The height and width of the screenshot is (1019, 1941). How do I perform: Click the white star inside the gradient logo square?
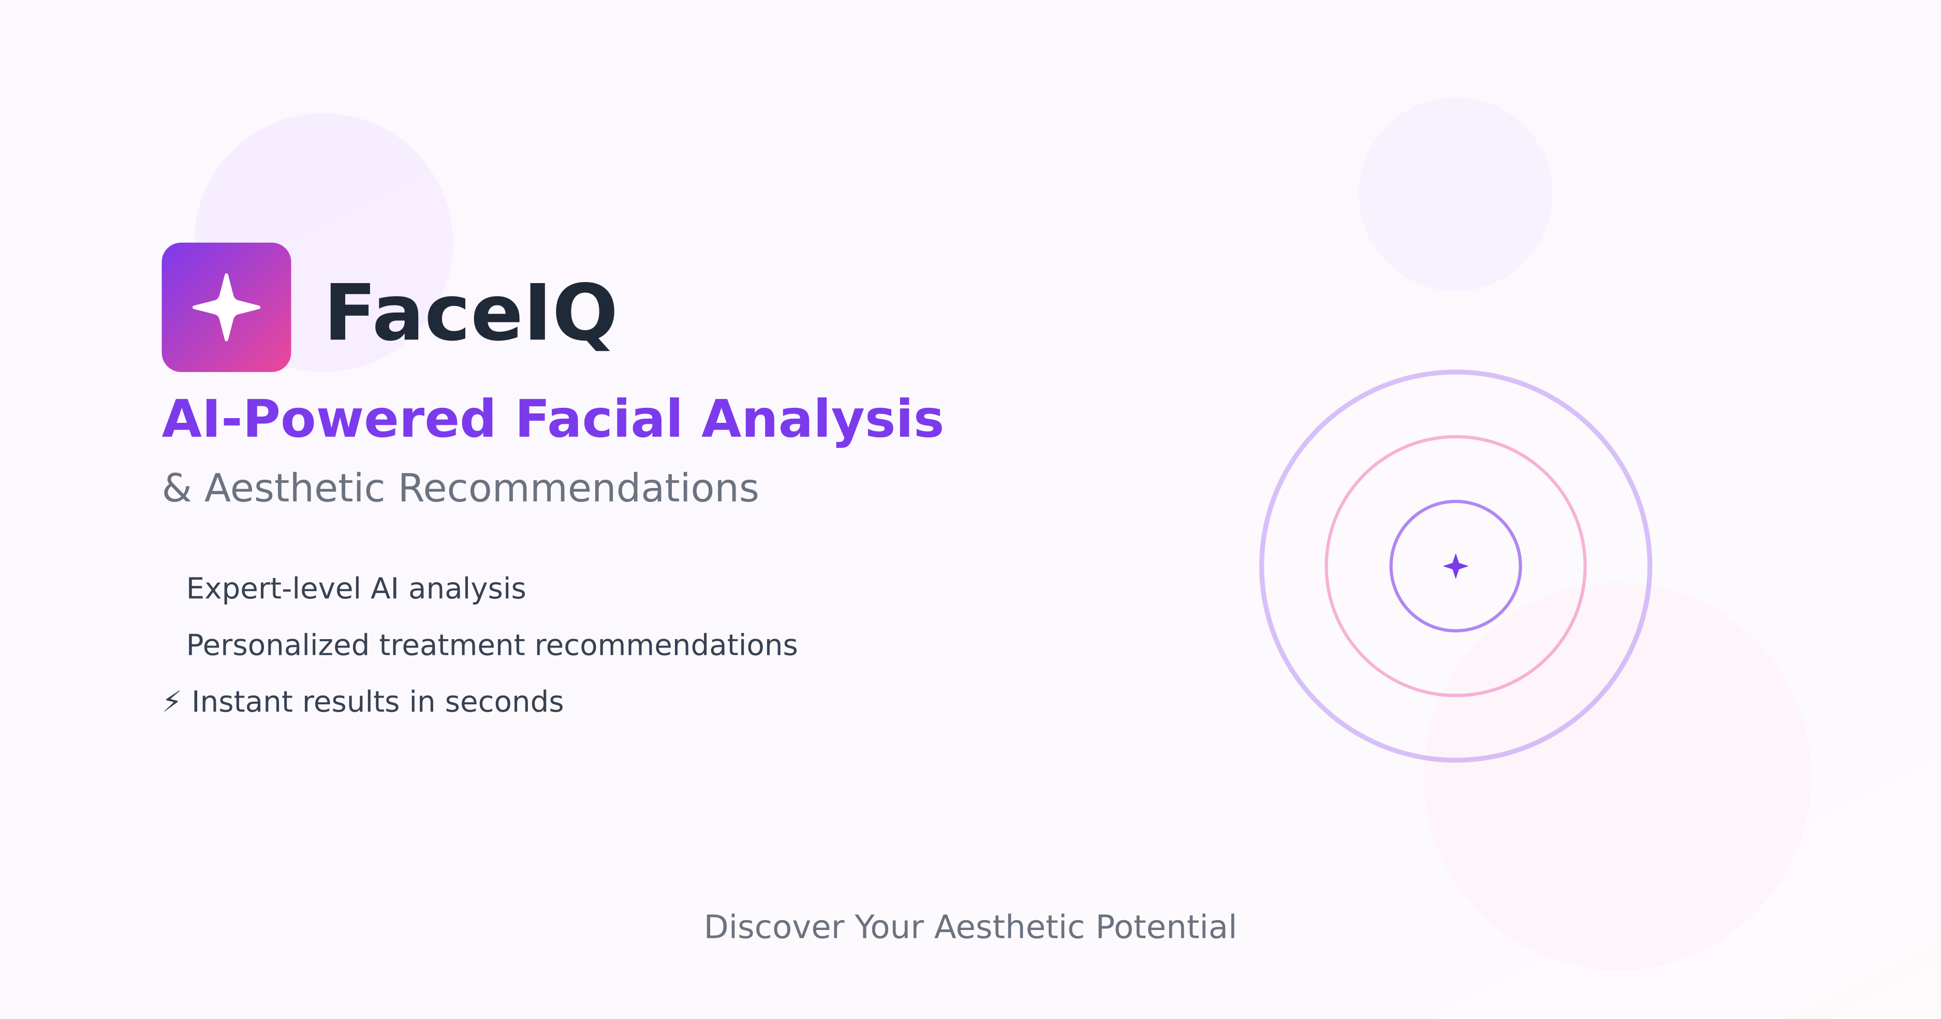(x=226, y=307)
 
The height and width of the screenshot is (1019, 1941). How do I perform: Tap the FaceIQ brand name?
(x=471, y=313)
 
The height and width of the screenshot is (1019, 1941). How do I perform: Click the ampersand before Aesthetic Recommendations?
(x=177, y=488)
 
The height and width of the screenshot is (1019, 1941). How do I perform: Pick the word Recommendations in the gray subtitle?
(x=578, y=488)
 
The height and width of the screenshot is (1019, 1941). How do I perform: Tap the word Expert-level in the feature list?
(x=273, y=589)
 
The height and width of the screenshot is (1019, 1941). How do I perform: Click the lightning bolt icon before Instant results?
(x=172, y=701)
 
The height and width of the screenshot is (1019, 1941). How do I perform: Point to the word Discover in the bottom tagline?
(x=774, y=927)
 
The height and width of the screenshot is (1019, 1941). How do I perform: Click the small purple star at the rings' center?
(x=1455, y=566)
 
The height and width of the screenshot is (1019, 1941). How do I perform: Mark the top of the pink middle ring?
(x=1455, y=437)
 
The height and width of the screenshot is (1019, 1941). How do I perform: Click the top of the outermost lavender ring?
(x=1455, y=372)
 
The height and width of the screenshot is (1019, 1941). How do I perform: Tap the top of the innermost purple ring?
(x=1455, y=501)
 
